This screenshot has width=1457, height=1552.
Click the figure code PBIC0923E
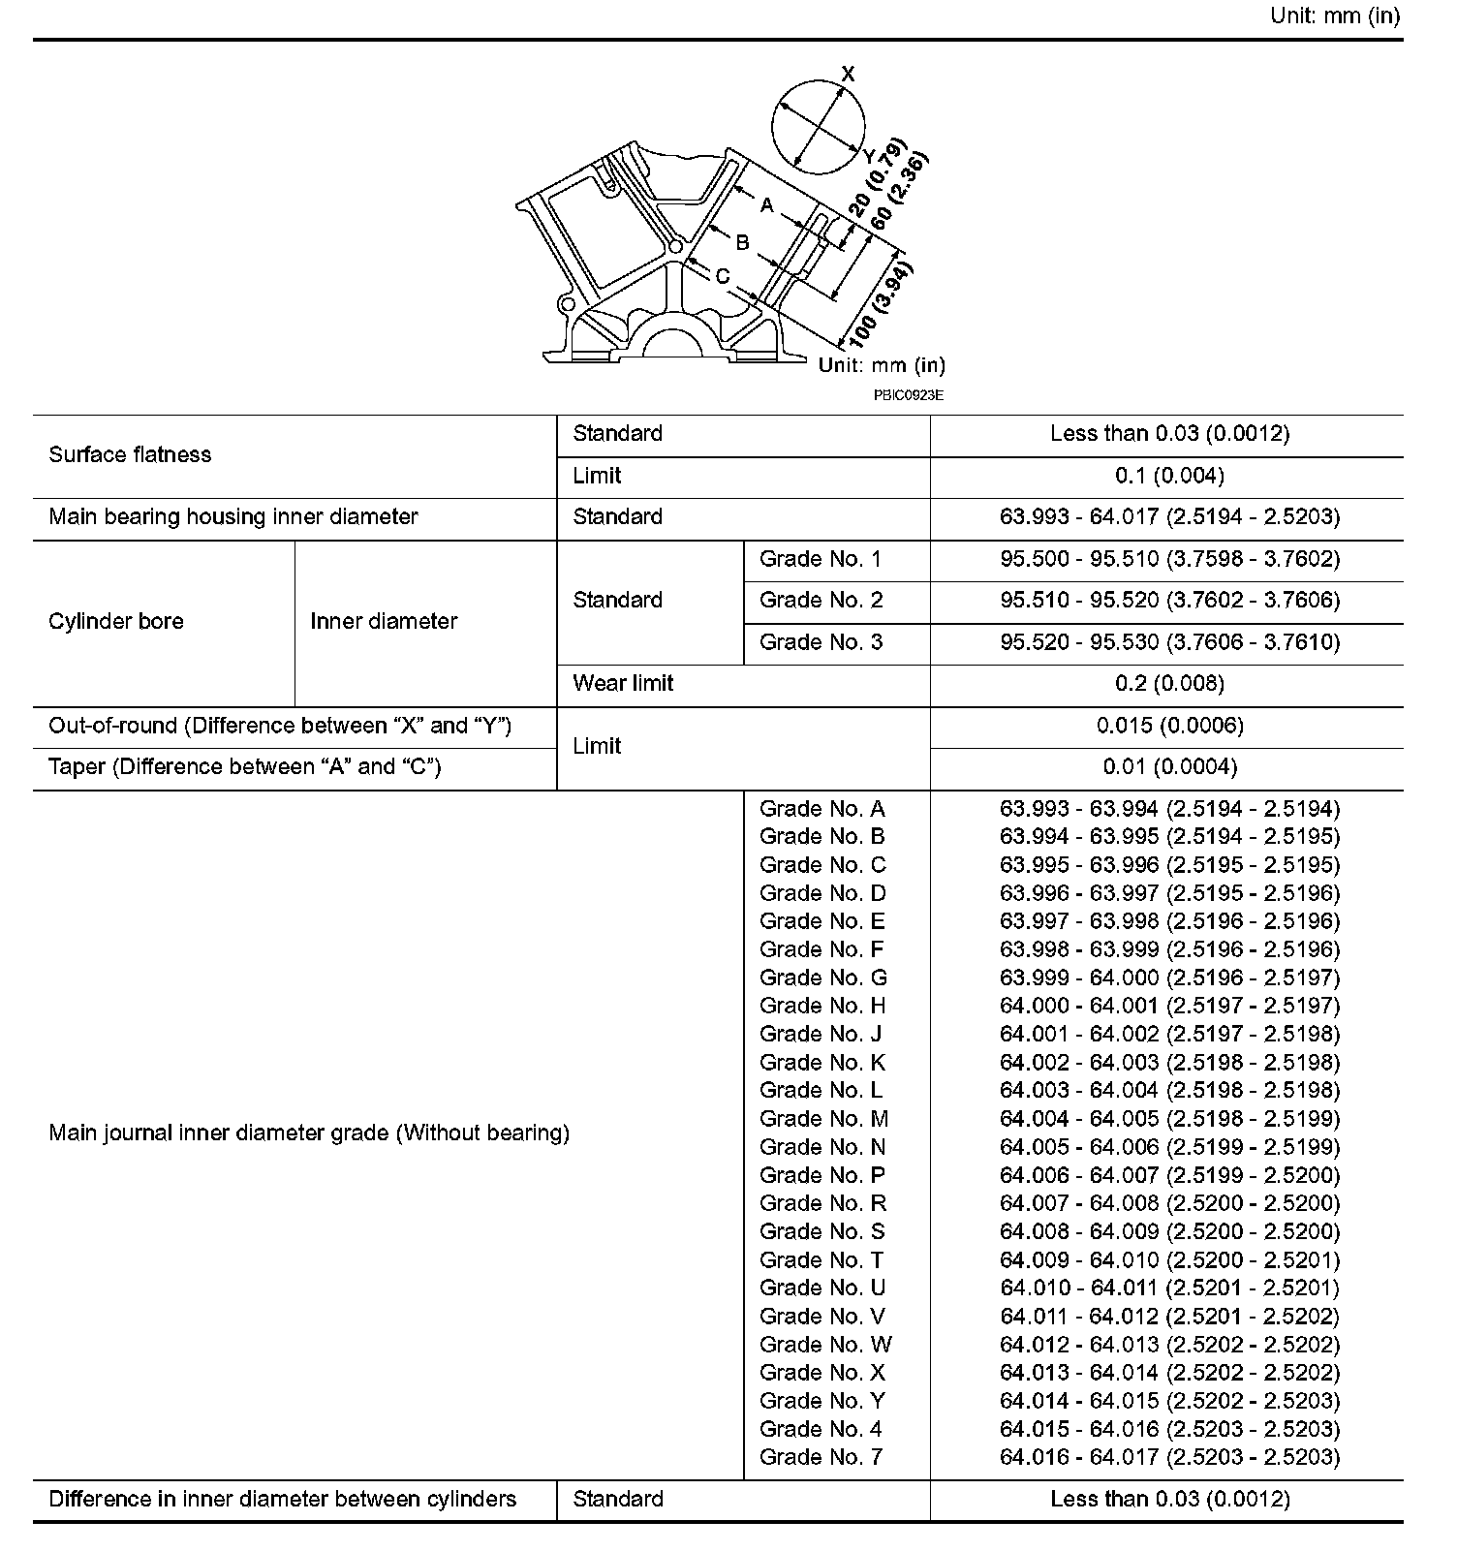908,395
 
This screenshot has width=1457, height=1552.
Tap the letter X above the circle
849,74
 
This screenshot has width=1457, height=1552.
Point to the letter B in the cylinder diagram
742,242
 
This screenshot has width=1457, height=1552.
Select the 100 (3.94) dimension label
881,305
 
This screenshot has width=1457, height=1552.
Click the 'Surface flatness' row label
130,454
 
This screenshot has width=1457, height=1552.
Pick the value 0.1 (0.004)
1169,476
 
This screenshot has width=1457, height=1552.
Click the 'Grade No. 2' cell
821,600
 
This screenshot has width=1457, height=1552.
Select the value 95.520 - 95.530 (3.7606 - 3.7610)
1169,641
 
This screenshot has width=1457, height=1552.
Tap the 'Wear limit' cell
623,683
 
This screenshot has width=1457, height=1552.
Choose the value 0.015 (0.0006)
1169,725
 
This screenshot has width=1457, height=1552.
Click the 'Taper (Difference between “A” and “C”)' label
245,766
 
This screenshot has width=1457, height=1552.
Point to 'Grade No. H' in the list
821,1006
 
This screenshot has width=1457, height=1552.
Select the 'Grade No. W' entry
824,1344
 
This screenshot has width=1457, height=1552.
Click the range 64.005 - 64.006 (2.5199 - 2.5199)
1169,1146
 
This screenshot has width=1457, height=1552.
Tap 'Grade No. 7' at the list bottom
821,1456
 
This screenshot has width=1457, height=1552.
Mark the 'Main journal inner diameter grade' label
309,1133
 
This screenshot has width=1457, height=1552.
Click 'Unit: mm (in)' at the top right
1334,16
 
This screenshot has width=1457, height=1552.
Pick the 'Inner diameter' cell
384,621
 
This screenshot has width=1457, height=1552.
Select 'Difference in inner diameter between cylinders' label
282,1499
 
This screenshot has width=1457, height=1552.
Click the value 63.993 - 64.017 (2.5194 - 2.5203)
1169,516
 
